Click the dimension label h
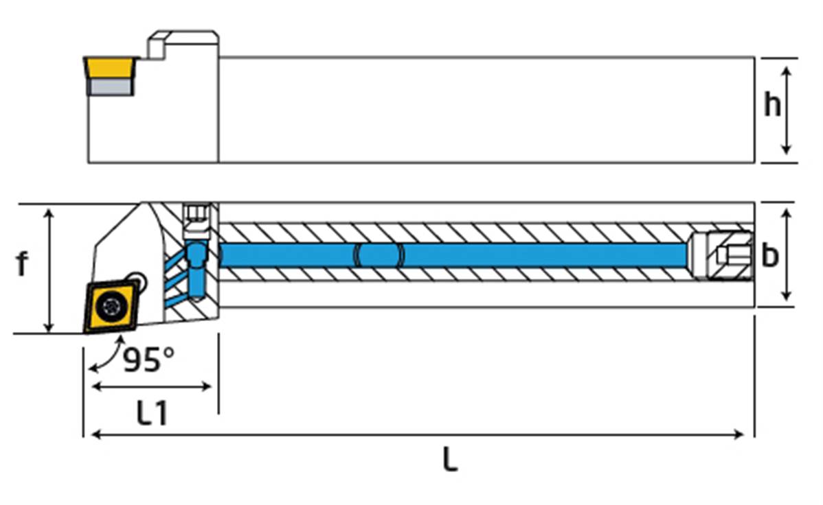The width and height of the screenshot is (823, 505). [x=772, y=106]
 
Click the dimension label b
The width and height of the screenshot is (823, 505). [x=770, y=255]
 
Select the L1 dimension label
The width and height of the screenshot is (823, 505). [x=152, y=414]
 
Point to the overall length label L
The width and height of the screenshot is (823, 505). [x=449, y=460]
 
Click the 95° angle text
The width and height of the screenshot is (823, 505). [x=148, y=359]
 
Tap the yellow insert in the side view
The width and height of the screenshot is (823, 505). [x=110, y=68]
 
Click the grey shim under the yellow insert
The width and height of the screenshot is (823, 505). [x=110, y=86]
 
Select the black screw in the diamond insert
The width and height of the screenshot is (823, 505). [x=109, y=305]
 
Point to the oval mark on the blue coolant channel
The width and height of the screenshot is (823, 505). [x=379, y=255]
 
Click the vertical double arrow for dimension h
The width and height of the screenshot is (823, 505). [x=787, y=110]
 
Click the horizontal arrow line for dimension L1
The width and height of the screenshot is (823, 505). [x=151, y=386]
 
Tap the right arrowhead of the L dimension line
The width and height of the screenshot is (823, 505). [x=740, y=434]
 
